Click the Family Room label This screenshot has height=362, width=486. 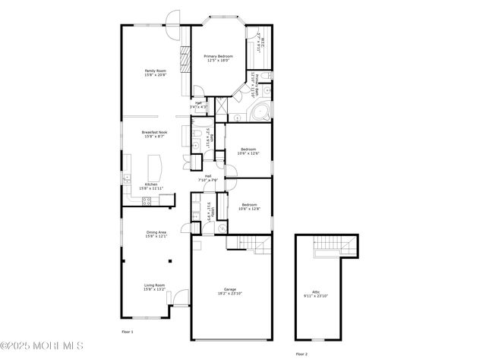click(x=155, y=71)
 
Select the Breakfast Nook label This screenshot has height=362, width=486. click(x=155, y=132)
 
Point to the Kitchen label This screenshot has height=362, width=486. click(x=151, y=184)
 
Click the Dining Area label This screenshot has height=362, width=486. click(x=156, y=233)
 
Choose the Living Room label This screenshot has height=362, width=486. click(x=155, y=285)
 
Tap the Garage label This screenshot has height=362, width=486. click(x=229, y=289)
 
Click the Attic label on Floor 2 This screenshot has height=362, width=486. click(x=316, y=291)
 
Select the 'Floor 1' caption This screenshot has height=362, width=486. click(x=128, y=332)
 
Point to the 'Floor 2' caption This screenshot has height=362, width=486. click(x=301, y=354)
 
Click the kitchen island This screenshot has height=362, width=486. click(x=156, y=165)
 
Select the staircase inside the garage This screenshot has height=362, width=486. click(x=252, y=242)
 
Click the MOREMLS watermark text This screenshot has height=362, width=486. click(x=42, y=346)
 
